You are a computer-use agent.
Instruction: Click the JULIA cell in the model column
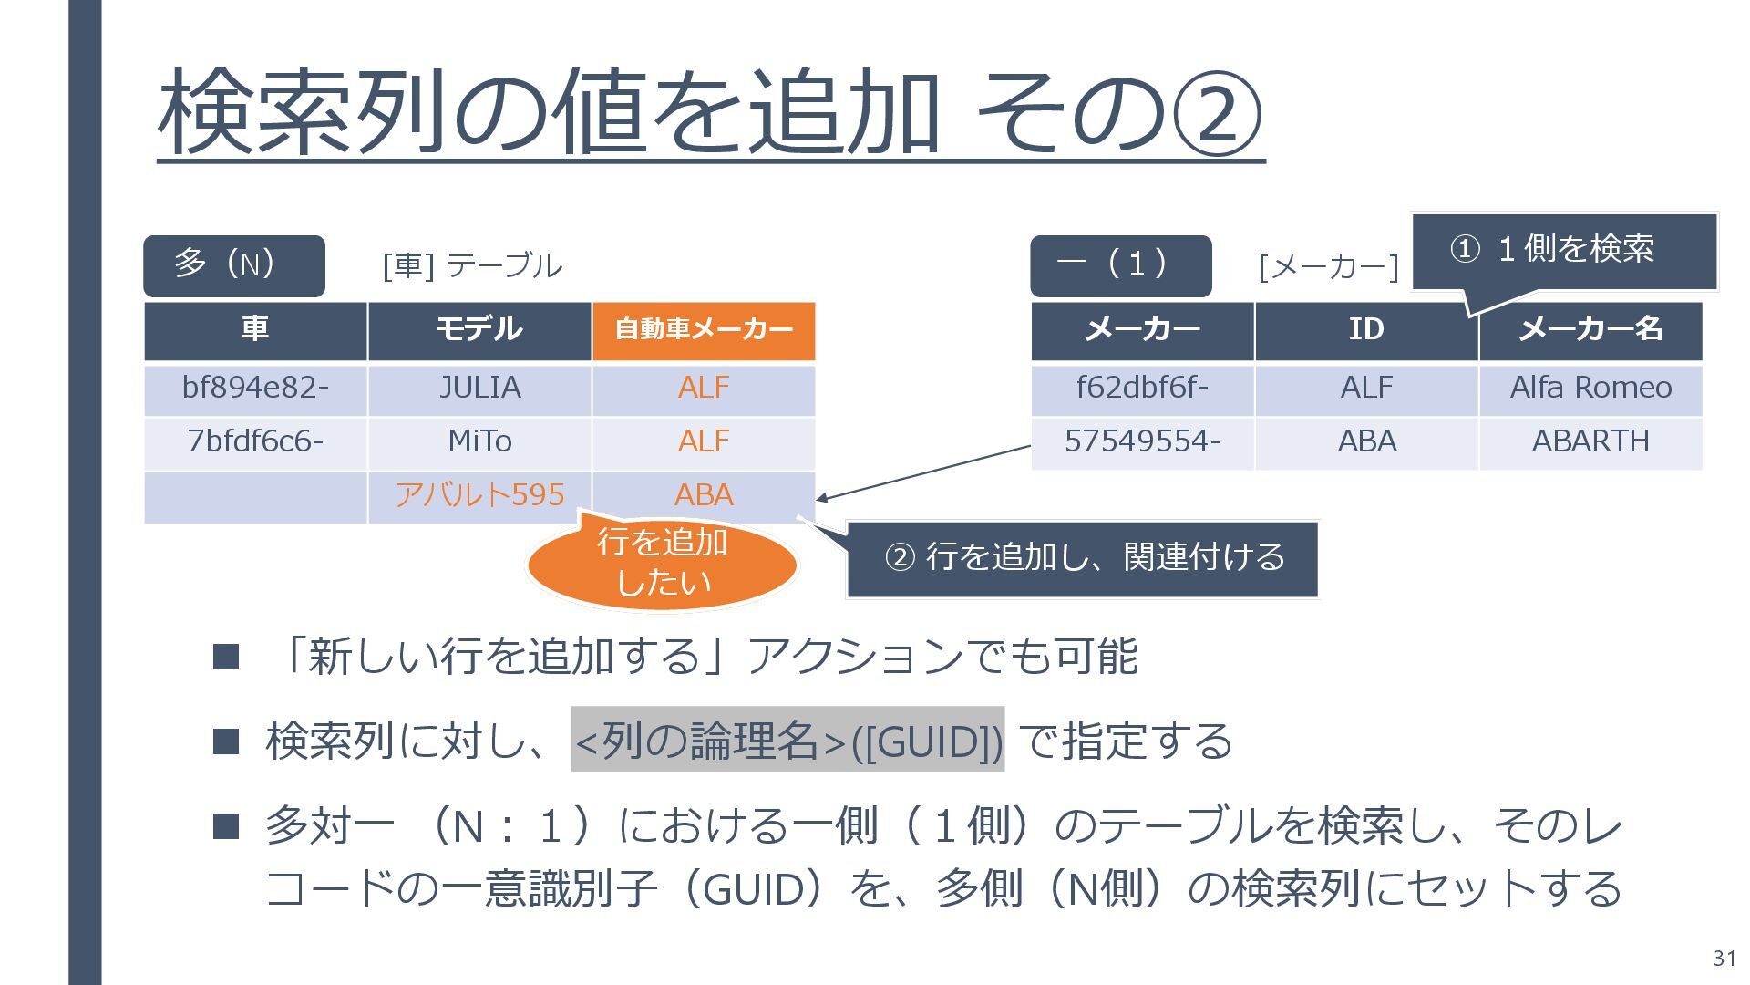[x=479, y=389]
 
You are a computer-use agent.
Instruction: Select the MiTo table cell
[x=479, y=442]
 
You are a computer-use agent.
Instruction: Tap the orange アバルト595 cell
[x=479, y=495]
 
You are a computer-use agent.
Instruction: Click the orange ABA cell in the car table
[x=703, y=495]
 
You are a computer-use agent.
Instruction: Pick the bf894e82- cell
[x=255, y=389]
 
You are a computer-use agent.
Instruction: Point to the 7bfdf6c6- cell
[x=255, y=442]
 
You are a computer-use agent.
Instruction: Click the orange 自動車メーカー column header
[x=703, y=329]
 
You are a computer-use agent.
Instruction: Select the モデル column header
[x=479, y=329]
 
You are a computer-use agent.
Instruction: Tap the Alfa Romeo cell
[x=1590, y=389]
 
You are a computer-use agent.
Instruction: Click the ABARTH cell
[x=1590, y=442]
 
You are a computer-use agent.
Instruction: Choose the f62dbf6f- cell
[x=1142, y=389]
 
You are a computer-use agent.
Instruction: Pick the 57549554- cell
[x=1142, y=442]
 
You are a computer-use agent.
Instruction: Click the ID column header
[x=1366, y=329]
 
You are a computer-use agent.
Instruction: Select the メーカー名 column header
[x=1590, y=329]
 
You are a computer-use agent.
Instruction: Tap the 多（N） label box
[x=233, y=265]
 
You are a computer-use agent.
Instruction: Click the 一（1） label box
[x=1120, y=265]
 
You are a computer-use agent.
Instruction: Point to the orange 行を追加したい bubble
[x=663, y=564]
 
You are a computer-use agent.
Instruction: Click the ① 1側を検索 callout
[x=1563, y=250]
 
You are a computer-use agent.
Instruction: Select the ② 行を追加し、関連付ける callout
[x=1082, y=558]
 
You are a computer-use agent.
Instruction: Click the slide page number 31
[x=1724, y=959]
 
